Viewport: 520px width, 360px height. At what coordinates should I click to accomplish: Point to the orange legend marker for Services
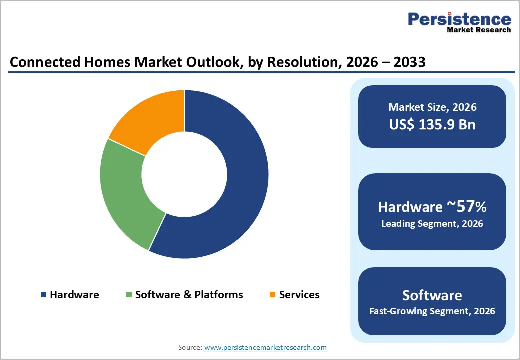click(272, 295)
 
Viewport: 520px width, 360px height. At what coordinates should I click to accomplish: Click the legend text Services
click(299, 295)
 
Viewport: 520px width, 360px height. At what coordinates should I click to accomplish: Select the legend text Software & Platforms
click(189, 295)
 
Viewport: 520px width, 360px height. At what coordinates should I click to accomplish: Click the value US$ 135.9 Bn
click(432, 124)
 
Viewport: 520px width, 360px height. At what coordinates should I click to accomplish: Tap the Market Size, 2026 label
click(432, 107)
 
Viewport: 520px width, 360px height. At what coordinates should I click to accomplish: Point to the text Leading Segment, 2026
click(432, 224)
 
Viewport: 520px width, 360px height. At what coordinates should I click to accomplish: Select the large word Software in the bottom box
click(432, 295)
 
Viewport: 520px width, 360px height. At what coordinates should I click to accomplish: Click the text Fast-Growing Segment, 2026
click(432, 311)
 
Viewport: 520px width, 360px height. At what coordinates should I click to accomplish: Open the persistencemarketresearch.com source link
click(265, 347)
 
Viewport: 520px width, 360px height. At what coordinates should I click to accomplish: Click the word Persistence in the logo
click(459, 19)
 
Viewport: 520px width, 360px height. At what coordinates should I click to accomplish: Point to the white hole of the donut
click(184, 174)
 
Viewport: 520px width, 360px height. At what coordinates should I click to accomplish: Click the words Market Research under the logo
click(479, 30)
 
